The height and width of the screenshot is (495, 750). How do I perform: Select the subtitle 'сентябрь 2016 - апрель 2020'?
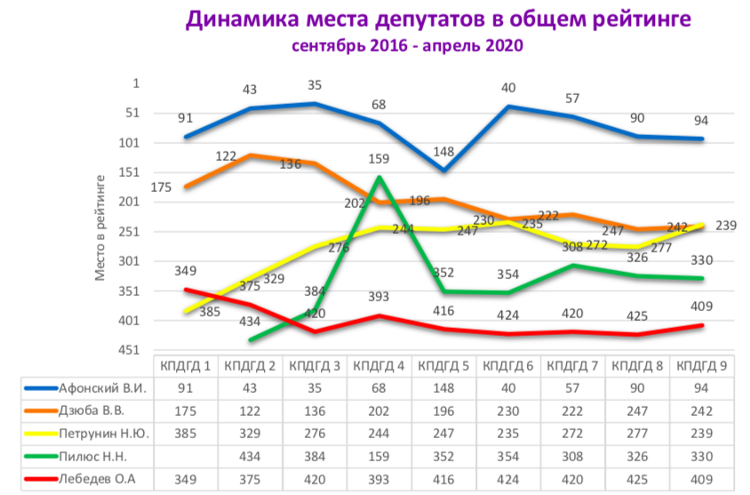click(x=408, y=45)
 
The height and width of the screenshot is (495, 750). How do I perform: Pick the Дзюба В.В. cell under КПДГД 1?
click(x=185, y=411)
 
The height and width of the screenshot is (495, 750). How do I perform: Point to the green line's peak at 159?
click(x=380, y=176)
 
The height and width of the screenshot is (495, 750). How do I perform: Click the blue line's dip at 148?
click(x=444, y=170)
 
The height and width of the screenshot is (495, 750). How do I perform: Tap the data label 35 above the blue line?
click(x=315, y=86)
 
